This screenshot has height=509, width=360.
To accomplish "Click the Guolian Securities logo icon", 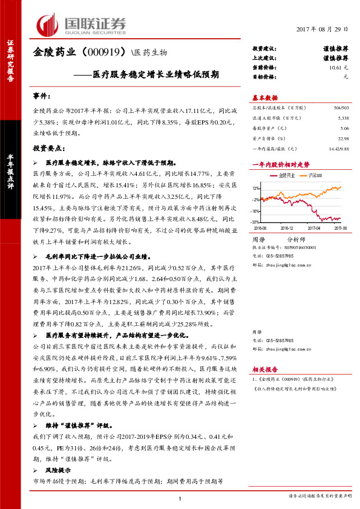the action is coord(50,25).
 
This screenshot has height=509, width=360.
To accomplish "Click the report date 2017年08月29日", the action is coord(323,30).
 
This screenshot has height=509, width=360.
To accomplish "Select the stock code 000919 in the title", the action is coord(103,52).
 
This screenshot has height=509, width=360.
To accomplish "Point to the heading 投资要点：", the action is coord(47,148).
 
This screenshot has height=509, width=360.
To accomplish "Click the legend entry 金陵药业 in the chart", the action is coord(287,175).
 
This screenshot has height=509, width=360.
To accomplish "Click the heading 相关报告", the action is coord(264,369).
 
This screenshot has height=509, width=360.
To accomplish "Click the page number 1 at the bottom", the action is coord(180,497).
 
